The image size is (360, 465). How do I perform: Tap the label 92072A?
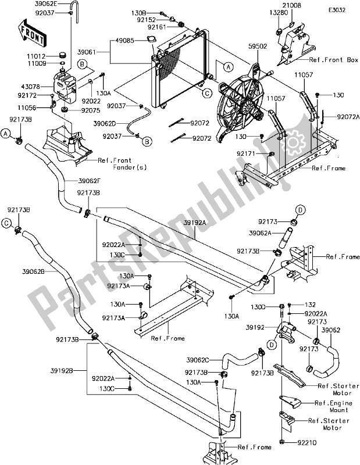(347, 117)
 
